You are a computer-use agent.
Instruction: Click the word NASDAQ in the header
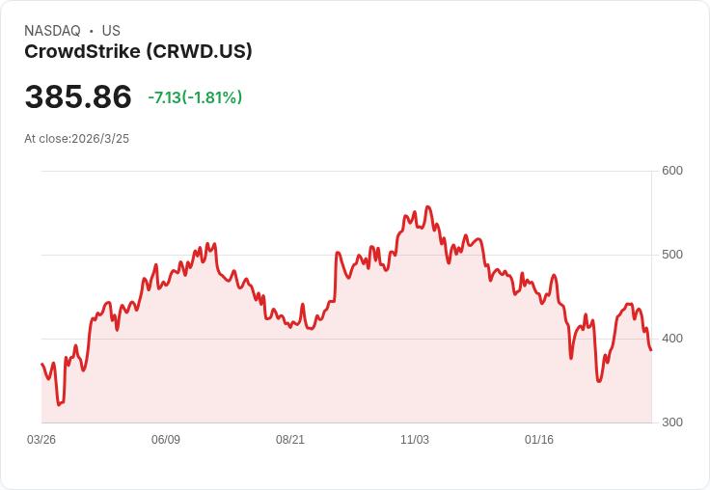coord(52,31)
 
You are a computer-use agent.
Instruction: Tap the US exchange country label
coord(111,31)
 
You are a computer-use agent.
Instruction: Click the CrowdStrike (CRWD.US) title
coord(138,51)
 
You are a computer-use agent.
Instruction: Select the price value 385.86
coord(78,96)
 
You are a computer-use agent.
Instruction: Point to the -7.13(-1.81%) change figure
coord(195,97)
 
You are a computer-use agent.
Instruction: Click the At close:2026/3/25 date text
coord(76,139)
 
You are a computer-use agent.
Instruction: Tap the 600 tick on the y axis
coord(671,171)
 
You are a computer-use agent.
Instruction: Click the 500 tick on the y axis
coord(671,255)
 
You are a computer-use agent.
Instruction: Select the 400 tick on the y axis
coord(671,339)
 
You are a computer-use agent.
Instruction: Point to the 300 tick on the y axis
coord(671,422)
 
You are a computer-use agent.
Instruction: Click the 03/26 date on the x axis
coord(41,440)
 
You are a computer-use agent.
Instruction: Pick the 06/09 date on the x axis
coord(166,440)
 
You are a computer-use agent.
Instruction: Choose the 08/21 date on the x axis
coord(290,440)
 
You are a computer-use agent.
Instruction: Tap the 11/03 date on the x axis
coord(415,440)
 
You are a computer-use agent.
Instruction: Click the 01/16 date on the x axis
coord(539,440)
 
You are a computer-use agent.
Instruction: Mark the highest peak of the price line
coord(427,206)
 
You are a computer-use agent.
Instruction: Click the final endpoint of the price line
coord(651,350)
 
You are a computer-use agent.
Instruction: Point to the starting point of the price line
coord(41,364)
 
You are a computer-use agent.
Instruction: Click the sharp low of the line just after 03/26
coord(59,404)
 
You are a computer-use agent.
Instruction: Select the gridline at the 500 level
coord(347,256)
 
